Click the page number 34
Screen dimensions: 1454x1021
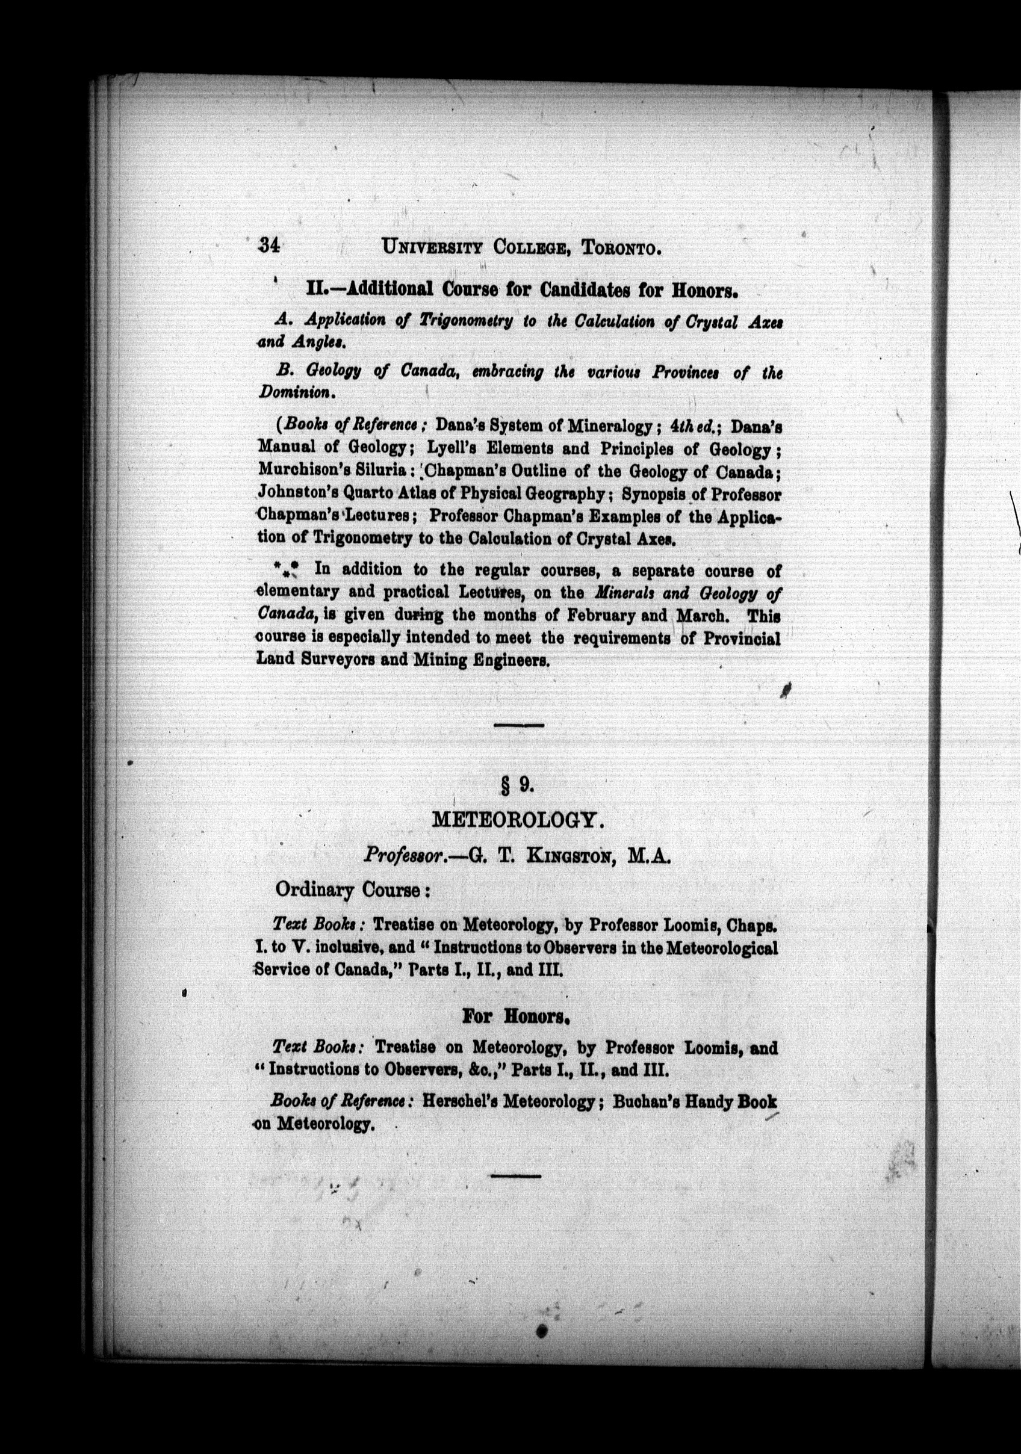269,246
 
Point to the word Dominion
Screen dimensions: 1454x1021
294,392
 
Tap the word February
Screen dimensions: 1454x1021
603,615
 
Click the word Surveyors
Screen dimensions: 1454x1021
354,658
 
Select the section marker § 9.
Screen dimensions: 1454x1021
518,785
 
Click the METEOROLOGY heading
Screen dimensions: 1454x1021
515,820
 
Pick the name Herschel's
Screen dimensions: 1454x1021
459,1101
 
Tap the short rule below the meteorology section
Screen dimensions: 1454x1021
516,1176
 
